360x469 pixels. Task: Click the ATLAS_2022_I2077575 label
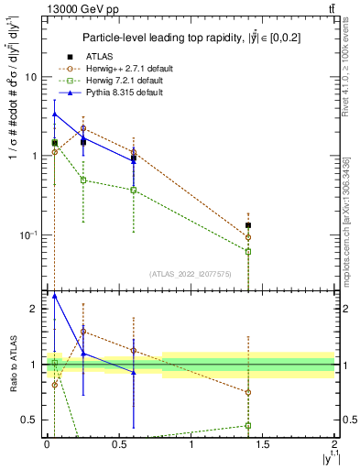coord(191,273)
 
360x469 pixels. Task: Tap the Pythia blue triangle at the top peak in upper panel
coord(55,115)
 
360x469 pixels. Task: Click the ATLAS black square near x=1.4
coord(248,225)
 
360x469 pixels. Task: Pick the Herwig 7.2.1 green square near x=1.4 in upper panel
coord(248,251)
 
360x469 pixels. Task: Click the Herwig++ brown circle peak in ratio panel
coord(83,332)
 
